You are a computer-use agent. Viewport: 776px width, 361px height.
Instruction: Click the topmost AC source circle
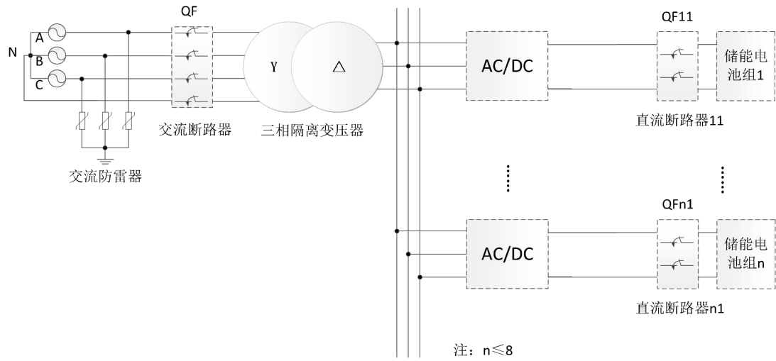(x=55, y=33)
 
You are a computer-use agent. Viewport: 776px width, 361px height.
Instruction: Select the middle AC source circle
(x=55, y=55)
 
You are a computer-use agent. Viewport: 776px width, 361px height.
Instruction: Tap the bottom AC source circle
(x=55, y=79)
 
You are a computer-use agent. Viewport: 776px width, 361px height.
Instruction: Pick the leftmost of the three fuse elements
(x=82, y=121)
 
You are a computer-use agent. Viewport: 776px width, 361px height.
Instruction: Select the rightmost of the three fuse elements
(x=128, y=121)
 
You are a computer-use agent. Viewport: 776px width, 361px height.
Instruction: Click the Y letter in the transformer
(x=273, y=67)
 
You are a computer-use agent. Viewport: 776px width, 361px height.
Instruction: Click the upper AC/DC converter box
(x=508, y=67)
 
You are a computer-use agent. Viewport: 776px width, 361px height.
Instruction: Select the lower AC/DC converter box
(x=508, y=254)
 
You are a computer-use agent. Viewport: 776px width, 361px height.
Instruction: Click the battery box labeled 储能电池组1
(x=744, y=67)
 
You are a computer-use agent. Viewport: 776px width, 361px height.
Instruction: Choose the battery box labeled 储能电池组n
(x=744, y=254)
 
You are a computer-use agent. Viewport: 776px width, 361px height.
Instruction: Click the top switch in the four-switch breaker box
(x=192, y=33)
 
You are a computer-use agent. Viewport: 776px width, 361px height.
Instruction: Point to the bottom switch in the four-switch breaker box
(x=192, y=101)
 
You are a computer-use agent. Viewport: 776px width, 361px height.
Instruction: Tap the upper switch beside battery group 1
(x=678, y=54)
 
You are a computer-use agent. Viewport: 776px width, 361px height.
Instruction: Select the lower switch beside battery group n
(x=678, y=265)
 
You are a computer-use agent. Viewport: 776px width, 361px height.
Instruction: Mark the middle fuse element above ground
(x=105, y=121)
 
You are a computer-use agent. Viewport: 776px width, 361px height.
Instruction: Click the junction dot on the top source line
(x=128, y=33)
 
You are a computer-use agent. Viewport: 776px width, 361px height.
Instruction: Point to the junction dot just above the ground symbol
(x=105, y=148)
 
